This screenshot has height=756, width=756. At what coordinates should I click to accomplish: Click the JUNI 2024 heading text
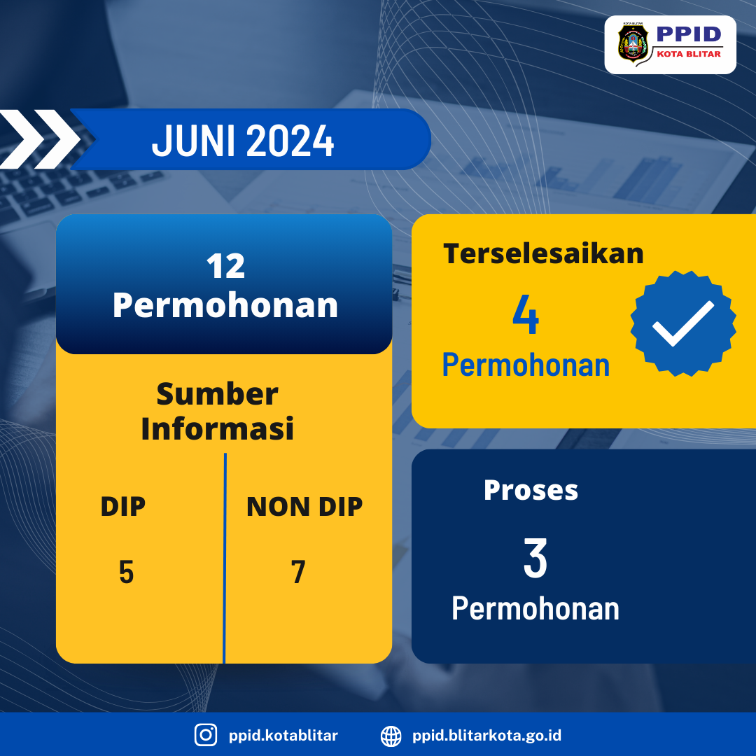242,140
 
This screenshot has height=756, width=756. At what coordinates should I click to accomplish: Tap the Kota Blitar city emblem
633,43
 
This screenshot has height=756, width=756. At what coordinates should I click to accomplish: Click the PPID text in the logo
689,34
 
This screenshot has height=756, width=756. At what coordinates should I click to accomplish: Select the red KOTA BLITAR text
689,54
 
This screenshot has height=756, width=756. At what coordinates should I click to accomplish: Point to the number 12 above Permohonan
225,266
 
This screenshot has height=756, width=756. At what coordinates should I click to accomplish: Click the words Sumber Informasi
218,411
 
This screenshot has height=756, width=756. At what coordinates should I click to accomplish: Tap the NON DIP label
304,507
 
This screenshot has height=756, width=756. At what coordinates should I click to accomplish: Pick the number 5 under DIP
126,573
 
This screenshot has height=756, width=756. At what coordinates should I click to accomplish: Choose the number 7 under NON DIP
298,573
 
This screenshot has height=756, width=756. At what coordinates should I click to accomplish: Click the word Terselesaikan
543,253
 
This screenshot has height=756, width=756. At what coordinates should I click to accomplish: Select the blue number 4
526,314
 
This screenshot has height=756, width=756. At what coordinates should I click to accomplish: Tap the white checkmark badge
682,323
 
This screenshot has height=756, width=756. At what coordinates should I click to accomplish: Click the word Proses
531,490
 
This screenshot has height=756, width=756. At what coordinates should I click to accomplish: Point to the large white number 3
535,559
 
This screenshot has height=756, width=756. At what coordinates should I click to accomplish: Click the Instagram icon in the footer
206,735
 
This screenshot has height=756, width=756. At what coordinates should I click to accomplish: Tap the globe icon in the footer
391,736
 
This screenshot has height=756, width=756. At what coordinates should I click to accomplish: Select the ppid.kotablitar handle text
283,735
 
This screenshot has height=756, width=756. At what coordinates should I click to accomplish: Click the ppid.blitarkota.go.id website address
486,735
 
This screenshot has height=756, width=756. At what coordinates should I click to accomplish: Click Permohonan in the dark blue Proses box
535,608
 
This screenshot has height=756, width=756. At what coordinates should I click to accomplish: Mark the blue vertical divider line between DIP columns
225,558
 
